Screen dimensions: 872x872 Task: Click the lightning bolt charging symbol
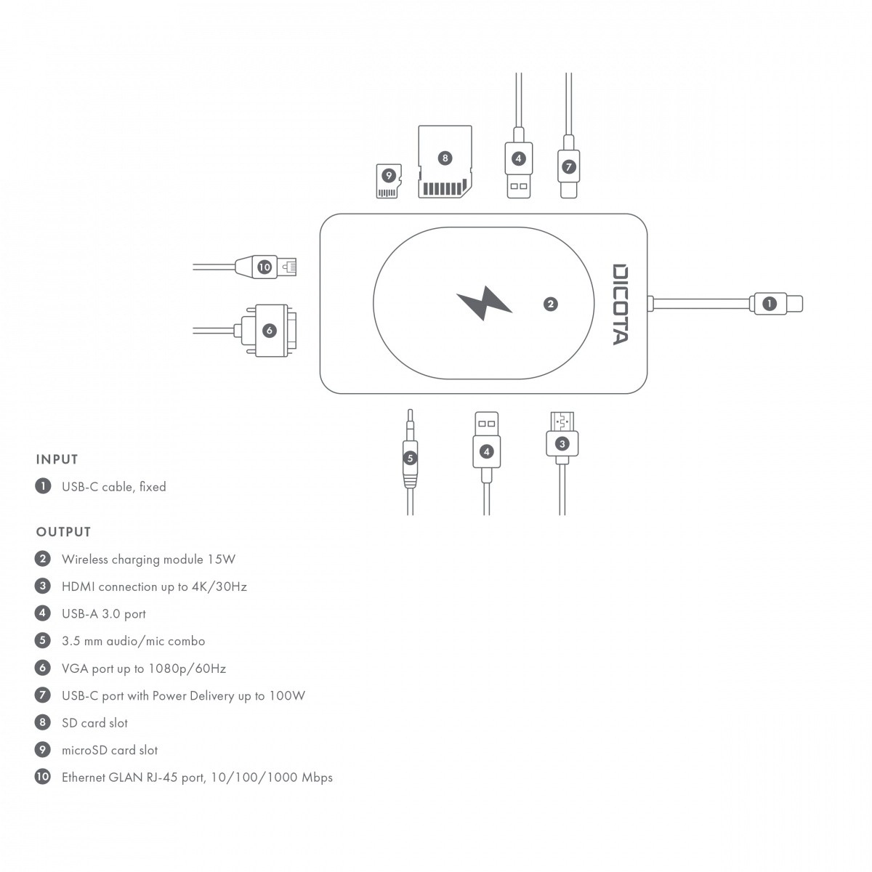click(x=484, y=303)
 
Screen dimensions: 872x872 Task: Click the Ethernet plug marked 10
click(x=265, y=267)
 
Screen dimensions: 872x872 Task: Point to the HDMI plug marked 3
click(x=561, y=443)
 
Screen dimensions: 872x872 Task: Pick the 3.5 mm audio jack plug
click(x=411, y=458)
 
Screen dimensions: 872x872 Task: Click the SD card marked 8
click(x=445, y=162)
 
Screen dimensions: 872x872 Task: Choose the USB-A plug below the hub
click(x=486, y=447)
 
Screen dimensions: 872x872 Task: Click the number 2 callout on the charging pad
click(x=551, y=304)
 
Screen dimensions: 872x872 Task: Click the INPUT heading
click(x=57, y=459)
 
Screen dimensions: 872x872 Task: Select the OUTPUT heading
click(x=64, y=532)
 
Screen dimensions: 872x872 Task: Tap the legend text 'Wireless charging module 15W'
click(x=148, y=560)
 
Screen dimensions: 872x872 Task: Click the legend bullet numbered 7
click(x=43, y=695)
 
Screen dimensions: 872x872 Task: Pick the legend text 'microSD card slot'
click(x=110, y=750)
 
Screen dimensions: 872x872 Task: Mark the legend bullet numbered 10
click(x=43, y=777)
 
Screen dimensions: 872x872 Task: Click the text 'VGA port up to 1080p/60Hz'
click(x=144, y=669)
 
